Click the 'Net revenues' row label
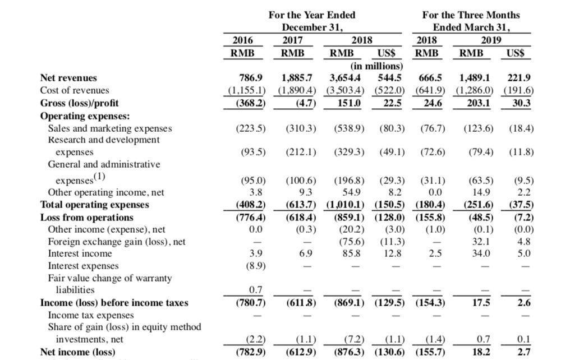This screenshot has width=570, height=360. (68, 78)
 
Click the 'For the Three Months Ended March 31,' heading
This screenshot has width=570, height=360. (471, 21)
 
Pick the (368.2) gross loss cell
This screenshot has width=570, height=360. (251, 103)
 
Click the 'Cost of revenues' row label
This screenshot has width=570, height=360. (75, 90)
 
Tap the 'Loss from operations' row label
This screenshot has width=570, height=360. (87, 217)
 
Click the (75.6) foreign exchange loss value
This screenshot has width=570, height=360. (350, 242)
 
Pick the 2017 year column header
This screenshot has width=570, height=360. (293, 40)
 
